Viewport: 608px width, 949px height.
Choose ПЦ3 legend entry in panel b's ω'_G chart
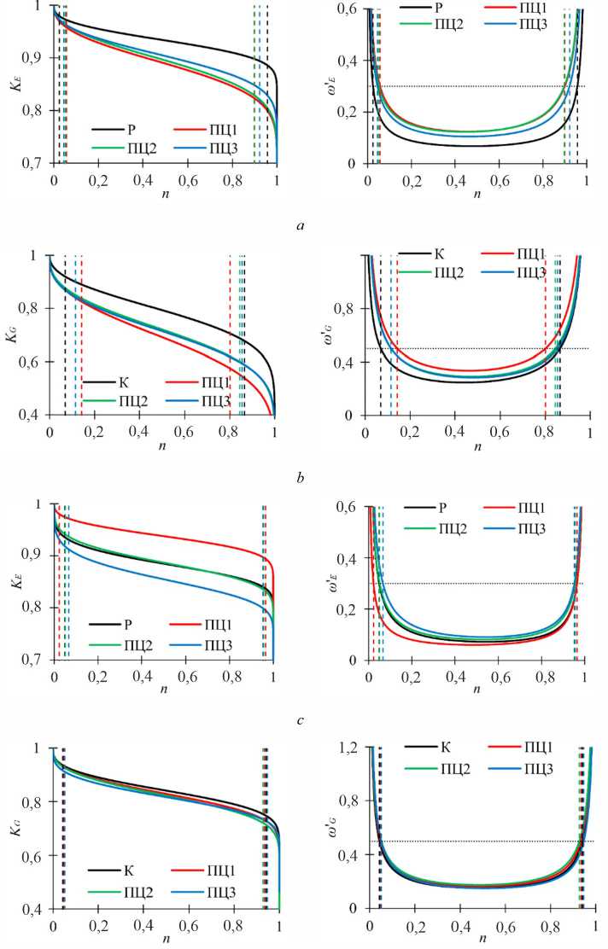click(531, 272)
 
